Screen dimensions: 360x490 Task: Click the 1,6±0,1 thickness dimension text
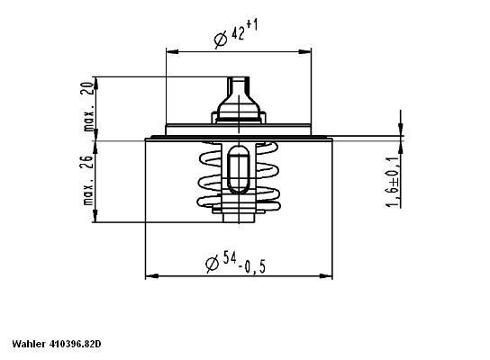(393, 183)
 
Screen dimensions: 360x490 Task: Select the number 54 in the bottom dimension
(231, 261)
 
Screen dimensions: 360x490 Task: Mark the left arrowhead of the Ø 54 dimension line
(150, 275)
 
